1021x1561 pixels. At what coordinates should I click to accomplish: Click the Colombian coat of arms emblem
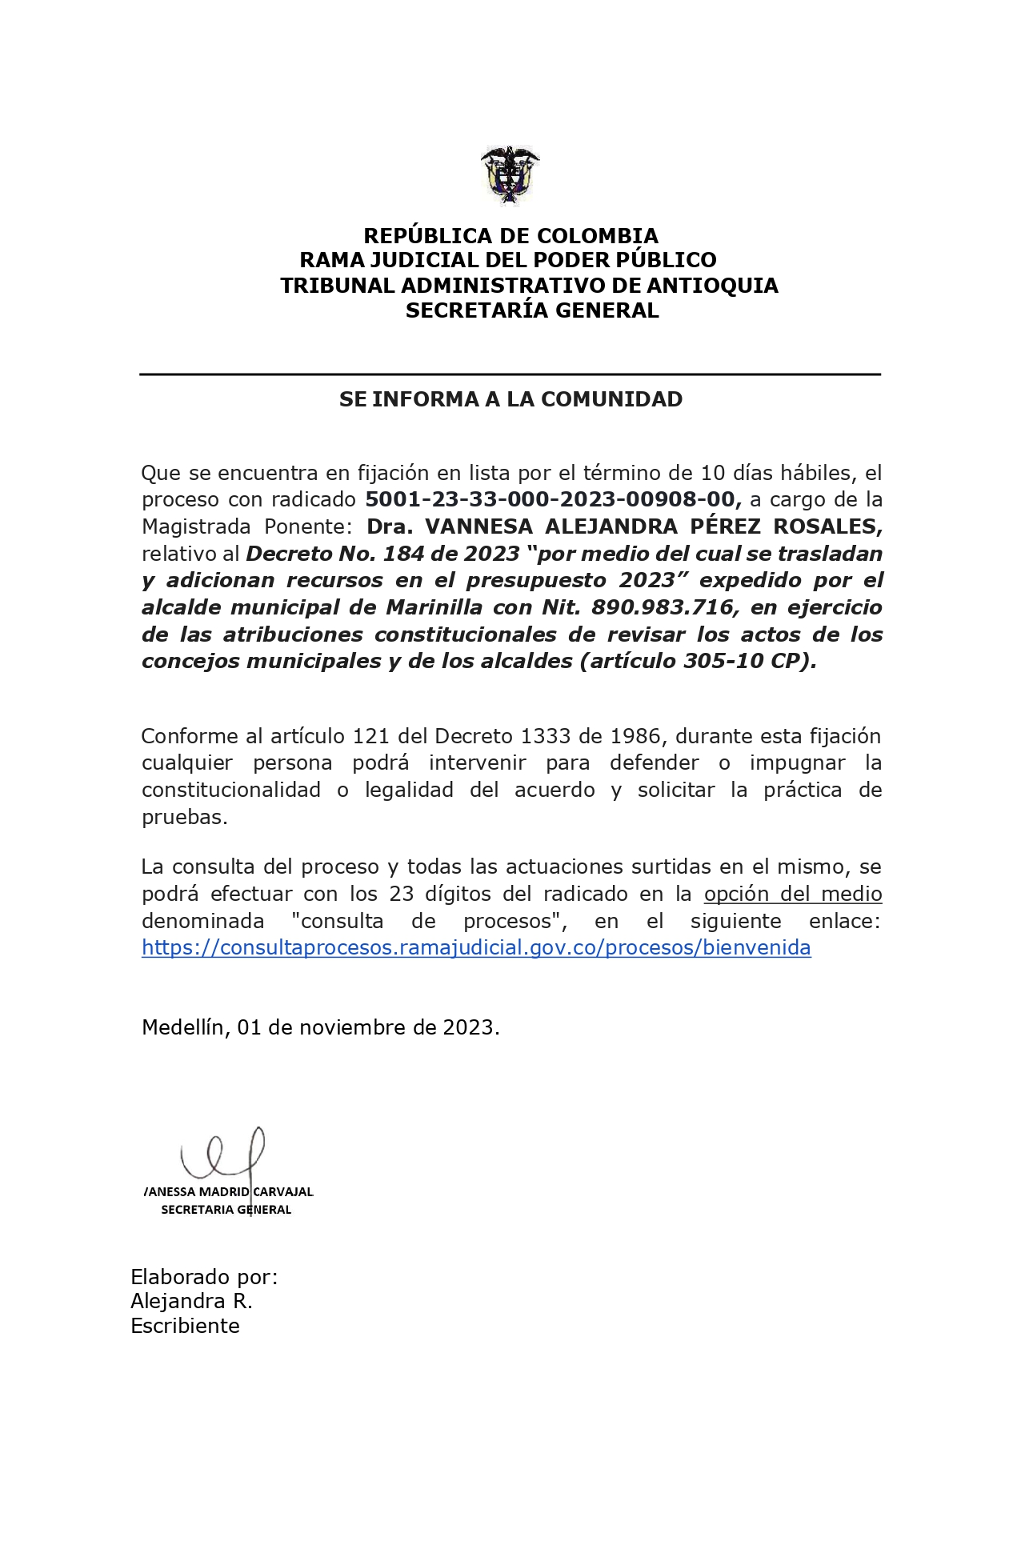tap(510, 175)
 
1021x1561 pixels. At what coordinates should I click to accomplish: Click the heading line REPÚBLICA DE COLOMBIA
tap(510, 236)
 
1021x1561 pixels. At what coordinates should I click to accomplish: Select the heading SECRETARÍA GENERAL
tap(532, 311)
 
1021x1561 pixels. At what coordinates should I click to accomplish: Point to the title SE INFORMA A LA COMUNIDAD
tap(510, 399)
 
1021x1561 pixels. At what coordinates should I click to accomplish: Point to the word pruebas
tap(184, 817)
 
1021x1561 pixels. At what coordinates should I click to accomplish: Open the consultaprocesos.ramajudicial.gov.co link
tap(476, 947)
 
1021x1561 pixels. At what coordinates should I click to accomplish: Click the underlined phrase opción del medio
tap(792, 894)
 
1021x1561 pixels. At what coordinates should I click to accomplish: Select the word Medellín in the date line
tap(183, 1027)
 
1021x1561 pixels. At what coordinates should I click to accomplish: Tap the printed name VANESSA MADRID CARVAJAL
tap(228, 1191)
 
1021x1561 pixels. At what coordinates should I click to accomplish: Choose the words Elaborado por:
tap(204, 1277)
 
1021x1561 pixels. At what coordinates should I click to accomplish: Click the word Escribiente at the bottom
tap(185, 1326)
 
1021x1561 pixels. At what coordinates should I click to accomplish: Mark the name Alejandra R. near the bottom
tap(191, 1301)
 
